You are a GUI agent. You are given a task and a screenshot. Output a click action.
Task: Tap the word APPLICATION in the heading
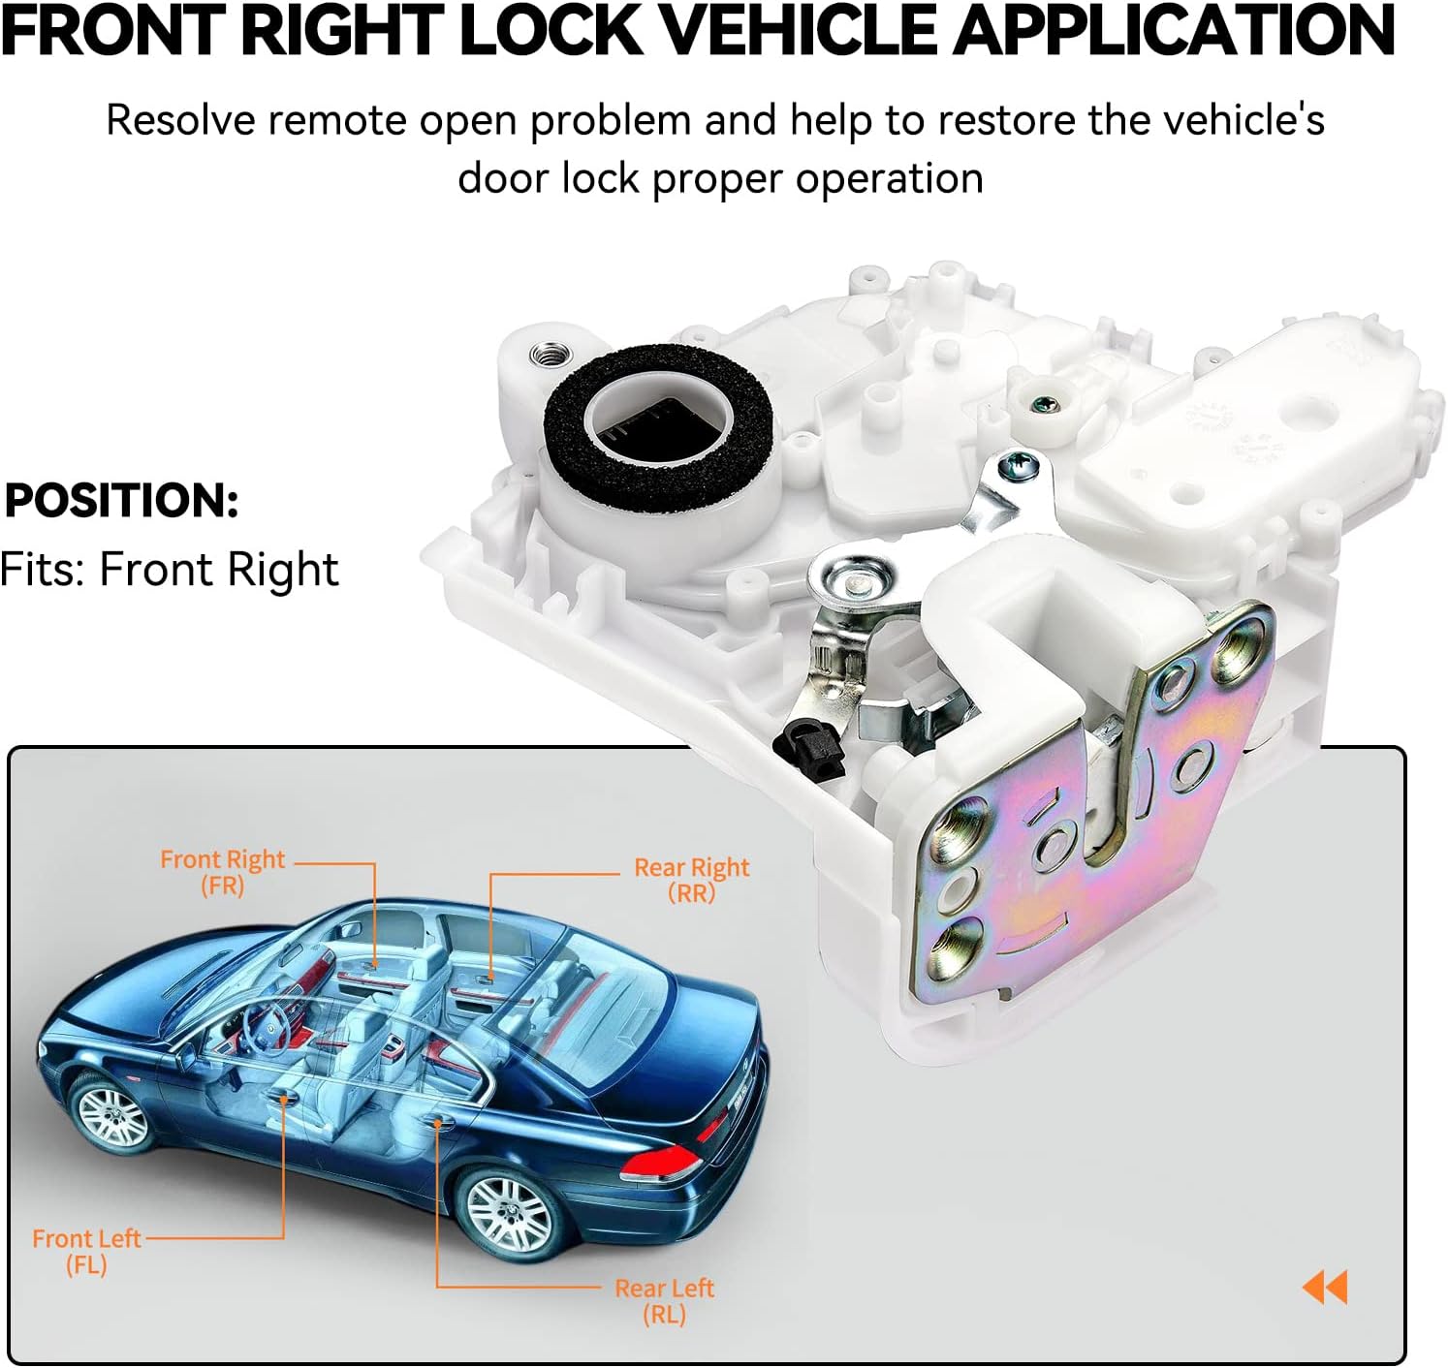tap(1175, 31)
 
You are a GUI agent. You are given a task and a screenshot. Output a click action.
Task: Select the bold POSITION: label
tap(121, 501)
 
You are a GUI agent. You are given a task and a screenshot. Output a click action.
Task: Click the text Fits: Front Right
tap(170, 570)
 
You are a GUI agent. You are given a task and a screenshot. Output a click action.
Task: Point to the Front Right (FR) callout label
tap(222, 872)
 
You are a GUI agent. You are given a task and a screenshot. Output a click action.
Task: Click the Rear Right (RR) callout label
tap(691, 880)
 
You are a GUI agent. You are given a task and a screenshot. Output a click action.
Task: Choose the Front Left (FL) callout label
tap(86, 1251)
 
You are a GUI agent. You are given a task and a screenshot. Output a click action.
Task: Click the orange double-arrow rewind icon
tap(1325, 1288)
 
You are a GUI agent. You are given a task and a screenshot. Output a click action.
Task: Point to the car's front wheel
tap(110, 1116)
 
